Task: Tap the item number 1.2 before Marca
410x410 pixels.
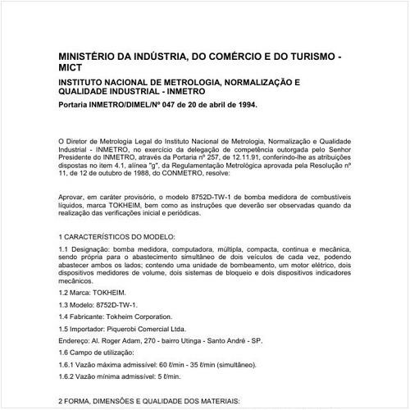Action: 65,290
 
